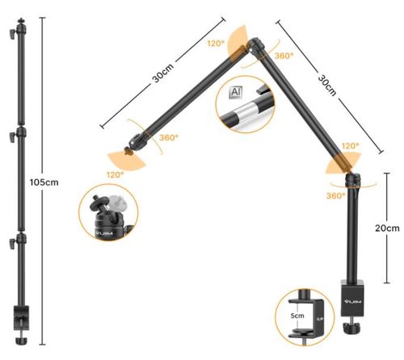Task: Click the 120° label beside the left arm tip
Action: point(112,174)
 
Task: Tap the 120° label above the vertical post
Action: point(350,146)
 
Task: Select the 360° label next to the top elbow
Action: point(284,56)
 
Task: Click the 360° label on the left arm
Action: point(169,138)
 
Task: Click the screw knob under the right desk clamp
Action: point(352,326)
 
